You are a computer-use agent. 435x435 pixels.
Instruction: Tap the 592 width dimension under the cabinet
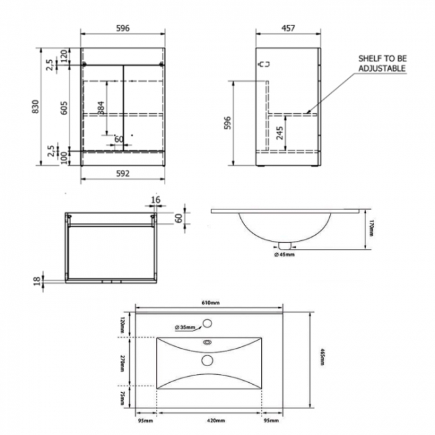[122, 173]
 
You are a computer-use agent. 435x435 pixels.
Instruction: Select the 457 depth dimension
[287, 29]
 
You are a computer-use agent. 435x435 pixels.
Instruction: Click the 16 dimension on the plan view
[156, 199]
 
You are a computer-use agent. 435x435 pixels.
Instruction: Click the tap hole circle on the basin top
[208, 326]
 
